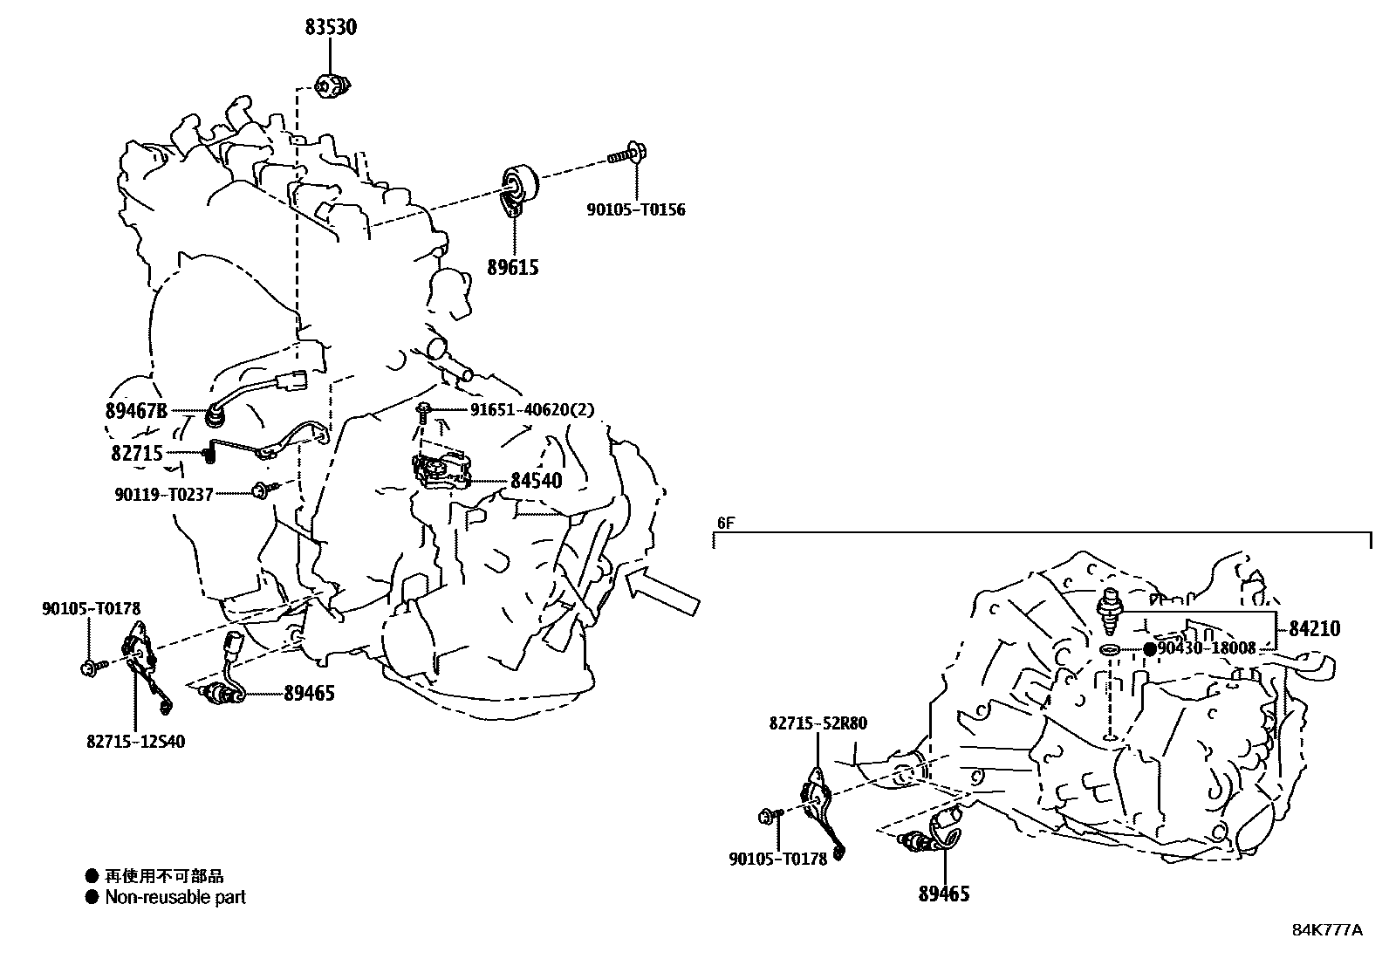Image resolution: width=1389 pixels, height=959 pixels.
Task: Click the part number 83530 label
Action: click(x=331, y=27)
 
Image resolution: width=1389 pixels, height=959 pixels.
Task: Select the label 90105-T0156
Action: click(x=635, y=209)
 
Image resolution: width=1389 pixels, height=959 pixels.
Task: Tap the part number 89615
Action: click(x=513, y=267)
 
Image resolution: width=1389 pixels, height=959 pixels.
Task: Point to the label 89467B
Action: click(x=136, y=410)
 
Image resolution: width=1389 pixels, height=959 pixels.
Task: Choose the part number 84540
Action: click(x=536, y=481)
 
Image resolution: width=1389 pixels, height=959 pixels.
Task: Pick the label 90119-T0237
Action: click(x=163, y=494)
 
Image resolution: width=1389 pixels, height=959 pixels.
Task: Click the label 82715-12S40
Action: click(x=135, y=742)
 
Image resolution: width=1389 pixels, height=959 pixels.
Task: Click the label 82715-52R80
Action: click(x=818, y=723)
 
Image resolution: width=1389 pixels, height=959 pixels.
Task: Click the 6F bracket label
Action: click(x=726, y=524)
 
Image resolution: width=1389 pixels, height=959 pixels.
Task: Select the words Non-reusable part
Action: click(x=175, y=897)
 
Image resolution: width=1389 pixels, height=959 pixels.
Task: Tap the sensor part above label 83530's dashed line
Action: click(x=332, y=86)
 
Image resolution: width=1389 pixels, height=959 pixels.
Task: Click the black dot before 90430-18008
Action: click(x=1150, y=649)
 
